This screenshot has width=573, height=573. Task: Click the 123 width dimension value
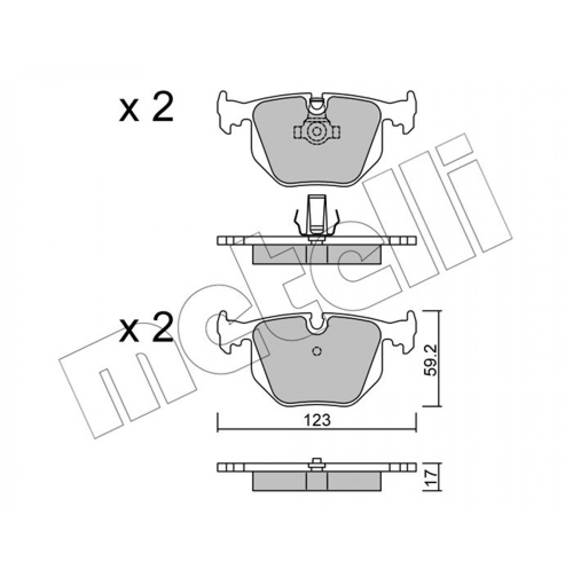[x=317, y=421]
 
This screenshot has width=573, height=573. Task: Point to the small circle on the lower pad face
[x=317, y=351]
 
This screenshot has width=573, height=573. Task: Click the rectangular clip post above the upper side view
[x=317, y=214]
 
